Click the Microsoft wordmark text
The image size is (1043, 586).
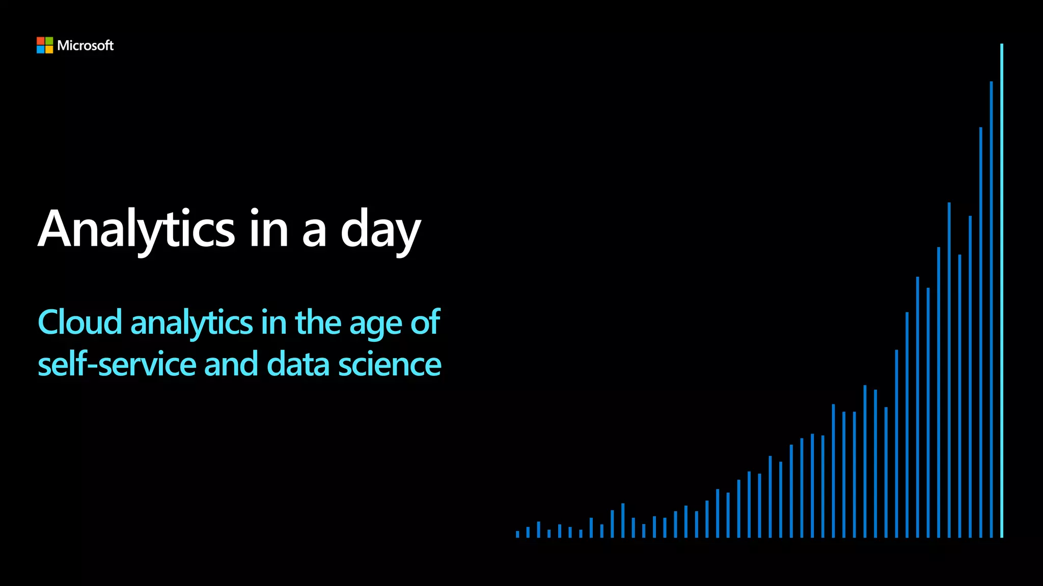tap(85, 46)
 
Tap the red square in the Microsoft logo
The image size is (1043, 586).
tap(41, 41)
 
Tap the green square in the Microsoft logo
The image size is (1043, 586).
tap(49, 41)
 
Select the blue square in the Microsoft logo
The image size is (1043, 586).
tap(41, 49)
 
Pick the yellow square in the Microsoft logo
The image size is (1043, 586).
tap(49, 49)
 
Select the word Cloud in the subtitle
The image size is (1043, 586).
tap(80, 323)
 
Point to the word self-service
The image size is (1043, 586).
tap(117, 365)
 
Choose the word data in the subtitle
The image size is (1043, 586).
tap(298, 365)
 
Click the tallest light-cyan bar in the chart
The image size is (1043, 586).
tap(1002, 290)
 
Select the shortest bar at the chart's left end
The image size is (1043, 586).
tap(517, 534)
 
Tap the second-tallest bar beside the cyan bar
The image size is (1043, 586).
tap(991, 310)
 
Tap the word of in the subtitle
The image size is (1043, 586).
tap(425, 323)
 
